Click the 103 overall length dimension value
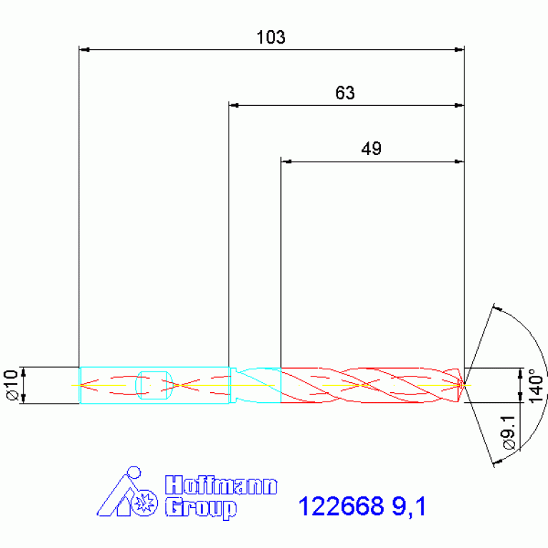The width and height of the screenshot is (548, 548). tap(271, 37)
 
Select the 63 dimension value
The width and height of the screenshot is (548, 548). tap(345, 93)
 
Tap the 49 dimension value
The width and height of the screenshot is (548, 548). tap(371, 149)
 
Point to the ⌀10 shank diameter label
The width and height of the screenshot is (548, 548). tap(11, 385)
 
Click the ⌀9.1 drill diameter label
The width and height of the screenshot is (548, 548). tap(509, 432)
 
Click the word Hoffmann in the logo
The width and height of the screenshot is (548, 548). tap(221, 484)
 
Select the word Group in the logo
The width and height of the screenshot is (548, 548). tap(201, 509)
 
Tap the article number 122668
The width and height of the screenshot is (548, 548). tap(341, 506)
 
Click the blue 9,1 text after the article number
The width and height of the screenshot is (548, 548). tap(409, 507)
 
